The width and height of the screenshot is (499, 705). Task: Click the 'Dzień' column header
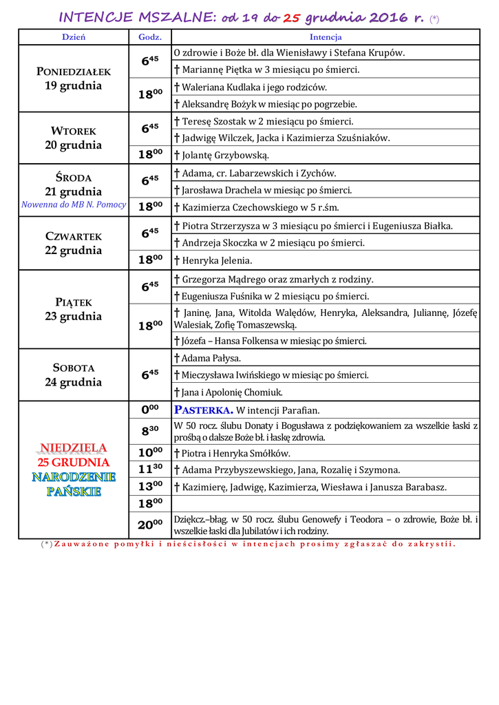click(x=74, y=37)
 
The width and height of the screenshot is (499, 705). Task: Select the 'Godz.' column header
click(x=150, y=37)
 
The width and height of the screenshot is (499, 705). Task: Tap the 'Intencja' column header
click(x=326, y=37)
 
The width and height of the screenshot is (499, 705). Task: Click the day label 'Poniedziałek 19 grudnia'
click(x=74, y=78)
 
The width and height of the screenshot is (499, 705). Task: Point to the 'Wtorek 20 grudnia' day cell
click(x=74, y=138)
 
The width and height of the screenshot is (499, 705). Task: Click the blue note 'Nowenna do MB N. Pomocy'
click(x=74, y=204)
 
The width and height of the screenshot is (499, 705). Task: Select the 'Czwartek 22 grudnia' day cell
click(x=74, y=243)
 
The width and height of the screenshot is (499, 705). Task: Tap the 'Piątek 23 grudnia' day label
click(x=74, y=309)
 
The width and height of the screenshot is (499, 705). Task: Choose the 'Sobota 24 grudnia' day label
click(x=74, y=375)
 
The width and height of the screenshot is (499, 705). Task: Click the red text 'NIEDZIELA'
click(x=74, y=448)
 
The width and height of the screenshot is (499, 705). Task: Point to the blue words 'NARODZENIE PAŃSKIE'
click(x=74, y=483)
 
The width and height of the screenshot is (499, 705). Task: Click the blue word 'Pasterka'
click(x=204, y=410)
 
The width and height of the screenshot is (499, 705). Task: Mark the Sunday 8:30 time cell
click(x=150, y=431)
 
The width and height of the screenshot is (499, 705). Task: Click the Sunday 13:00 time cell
click(x=150, y=486)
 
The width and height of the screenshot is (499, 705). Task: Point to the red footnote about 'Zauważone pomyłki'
click(x=248, y=544)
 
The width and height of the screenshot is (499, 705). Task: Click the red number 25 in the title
click(x=293, y=17)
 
